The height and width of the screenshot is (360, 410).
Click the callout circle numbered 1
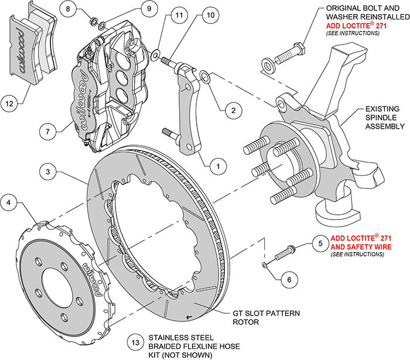[217, 166]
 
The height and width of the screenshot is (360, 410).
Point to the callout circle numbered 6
[287, 280]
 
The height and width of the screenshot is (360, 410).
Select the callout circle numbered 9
[132, 9]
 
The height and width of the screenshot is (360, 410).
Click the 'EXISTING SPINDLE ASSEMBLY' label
[377, 118]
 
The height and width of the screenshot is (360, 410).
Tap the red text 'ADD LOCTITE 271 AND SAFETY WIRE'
[363, 242]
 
